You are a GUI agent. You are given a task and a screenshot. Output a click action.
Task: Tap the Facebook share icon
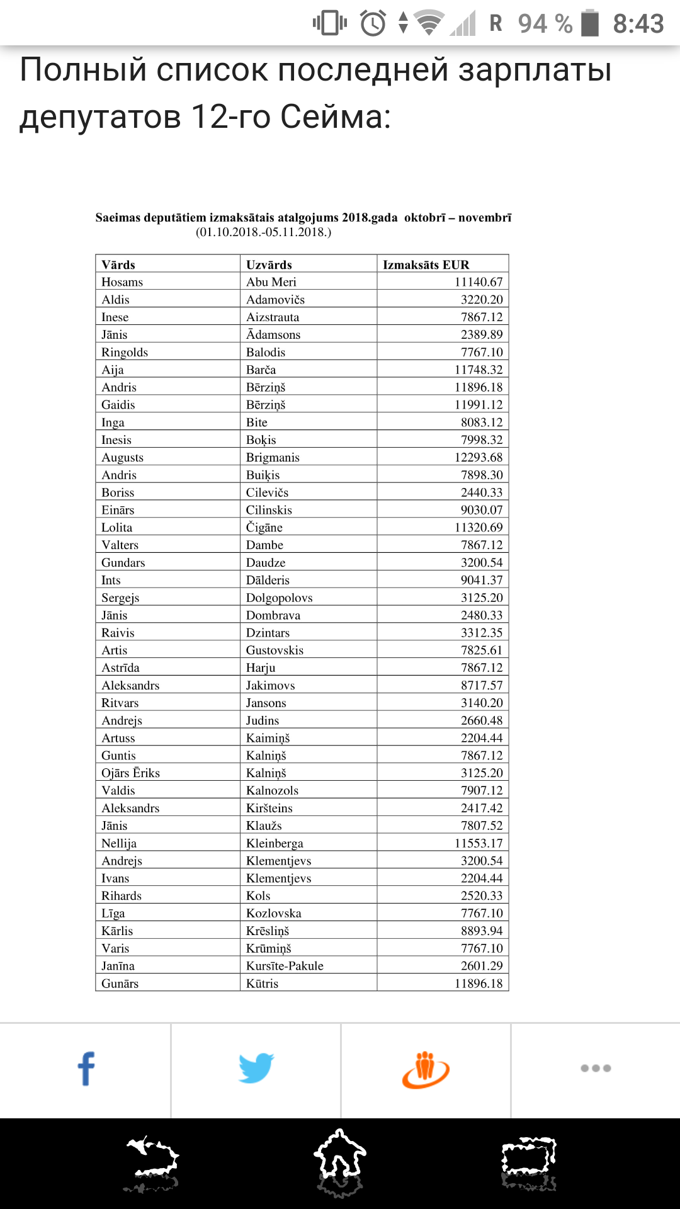[86, 1069]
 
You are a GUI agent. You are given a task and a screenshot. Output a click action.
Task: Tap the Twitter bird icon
[256, 1068]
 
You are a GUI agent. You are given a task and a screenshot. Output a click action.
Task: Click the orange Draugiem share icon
[426, 1069]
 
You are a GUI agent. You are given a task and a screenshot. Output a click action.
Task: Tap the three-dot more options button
[596, 1068]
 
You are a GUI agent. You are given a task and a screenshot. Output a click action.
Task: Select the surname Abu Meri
[271, 282]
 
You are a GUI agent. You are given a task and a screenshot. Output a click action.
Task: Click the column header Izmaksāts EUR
[426, 264]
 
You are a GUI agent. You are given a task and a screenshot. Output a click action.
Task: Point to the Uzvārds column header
[269, 264]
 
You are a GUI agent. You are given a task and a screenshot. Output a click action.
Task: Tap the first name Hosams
[122, 282]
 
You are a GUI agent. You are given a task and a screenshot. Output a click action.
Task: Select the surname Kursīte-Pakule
[285, 966]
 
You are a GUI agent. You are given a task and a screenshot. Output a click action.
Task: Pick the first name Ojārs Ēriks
[130, 773]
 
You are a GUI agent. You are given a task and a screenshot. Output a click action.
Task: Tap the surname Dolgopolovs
[279, 598]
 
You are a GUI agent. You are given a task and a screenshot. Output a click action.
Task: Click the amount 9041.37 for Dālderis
[482, 580]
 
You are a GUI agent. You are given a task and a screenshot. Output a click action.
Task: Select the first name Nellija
[119, 843]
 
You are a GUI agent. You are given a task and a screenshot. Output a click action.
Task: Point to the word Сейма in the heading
[336, 116]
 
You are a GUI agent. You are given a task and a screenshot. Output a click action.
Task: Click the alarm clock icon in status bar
[373, 24]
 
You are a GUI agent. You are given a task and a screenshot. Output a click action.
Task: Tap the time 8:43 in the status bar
[638, 24]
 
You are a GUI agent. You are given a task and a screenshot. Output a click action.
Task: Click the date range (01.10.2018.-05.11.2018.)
[263, 232]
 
